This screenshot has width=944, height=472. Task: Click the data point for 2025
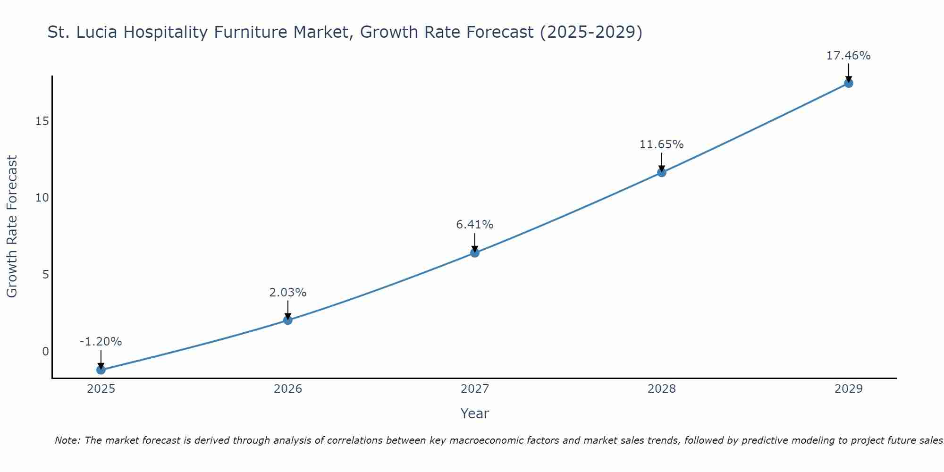coord(101,370)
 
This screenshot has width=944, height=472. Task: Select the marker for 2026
coord(287,320)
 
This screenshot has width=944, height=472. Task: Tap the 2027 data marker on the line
coord(474,253)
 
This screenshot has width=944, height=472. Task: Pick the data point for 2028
coord(661,172)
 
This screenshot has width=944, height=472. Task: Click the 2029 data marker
coord(848,84)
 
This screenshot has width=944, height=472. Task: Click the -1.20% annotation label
coord(101,342)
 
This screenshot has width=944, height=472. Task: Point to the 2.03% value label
coord(287,293)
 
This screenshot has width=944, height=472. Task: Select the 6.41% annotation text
coord(474,225)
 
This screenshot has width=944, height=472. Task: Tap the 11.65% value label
coord(661,144)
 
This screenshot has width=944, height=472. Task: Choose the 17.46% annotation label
coord(848,56)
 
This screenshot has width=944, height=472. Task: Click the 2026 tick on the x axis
coord(287,389)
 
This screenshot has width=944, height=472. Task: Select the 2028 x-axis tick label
coord(661,389)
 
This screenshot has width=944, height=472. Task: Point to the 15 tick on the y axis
coord(42,121)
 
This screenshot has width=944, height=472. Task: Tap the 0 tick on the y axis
coord(45,351)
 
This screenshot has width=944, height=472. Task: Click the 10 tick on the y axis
coord(42,198)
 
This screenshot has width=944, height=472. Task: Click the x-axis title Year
coord(474,413)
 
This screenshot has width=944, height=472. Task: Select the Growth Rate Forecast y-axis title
coord(12,227)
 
